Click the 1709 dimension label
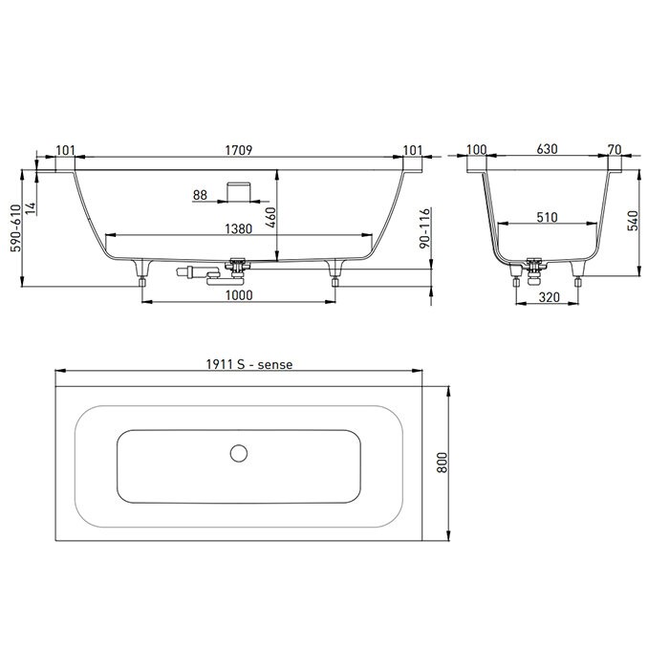tap(239, 149)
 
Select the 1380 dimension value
tap(239, 228)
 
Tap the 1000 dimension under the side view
tap(239, 295)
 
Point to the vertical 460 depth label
tap(270, 217)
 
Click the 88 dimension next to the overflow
tap(200, 195)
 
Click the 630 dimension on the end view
tap(547, 149)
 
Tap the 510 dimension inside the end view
tap(547, 218)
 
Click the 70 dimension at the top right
tap(615, 149)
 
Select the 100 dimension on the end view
tap(478, 149)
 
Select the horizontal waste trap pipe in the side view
tap(205, 274)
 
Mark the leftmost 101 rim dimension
tap(66, 149)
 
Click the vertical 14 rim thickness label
tap(31, 207)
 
